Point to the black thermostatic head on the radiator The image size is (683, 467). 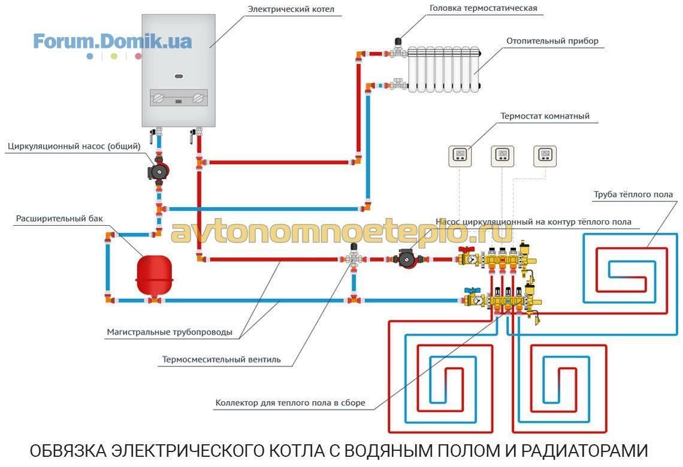pyautogui.click(x=398, y=42)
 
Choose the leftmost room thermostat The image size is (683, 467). pyautogui.click(x=460, y=156)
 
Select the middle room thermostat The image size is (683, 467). pyautogui.click(x=502, y=156)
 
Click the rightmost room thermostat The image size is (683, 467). pyautogui.click(x=545, y=156)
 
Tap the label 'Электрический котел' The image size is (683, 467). pyautogui.click(x=291, y=9)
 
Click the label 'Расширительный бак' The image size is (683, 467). pyautogui.click(x=59, y=219)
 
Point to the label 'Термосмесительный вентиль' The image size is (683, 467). pyautogui.click(x=221, y=359)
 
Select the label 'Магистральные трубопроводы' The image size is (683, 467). pyautogui.click(x=170, y=332)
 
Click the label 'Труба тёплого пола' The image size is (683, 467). pyautogui.click(x=633, y=195)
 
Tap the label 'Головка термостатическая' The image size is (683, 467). pyautogui.click(x=483, y=8)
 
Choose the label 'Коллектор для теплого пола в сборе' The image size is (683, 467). pyautogui.click(x=290, y=402)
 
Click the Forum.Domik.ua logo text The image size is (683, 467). pyautogui.click(x=113, y=41)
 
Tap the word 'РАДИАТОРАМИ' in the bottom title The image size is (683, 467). pyautogui.click(x=585, y=451)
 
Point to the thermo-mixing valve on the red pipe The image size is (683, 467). pyautogui.click(x=353, y=257)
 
